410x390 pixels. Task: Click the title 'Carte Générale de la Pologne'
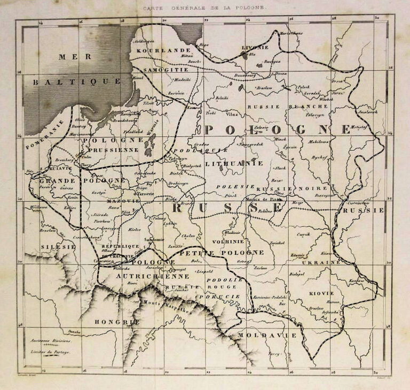coord(206,7)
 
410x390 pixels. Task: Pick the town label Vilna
coord(231,114)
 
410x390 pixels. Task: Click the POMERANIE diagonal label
coord(46,137)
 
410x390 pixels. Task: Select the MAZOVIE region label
coord(124,201)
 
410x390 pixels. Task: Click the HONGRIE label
coord(109,322)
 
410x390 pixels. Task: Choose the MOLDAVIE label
coord(259,335)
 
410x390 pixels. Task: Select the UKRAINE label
coord(320,263)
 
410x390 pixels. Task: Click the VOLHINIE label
coord(227,241)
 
